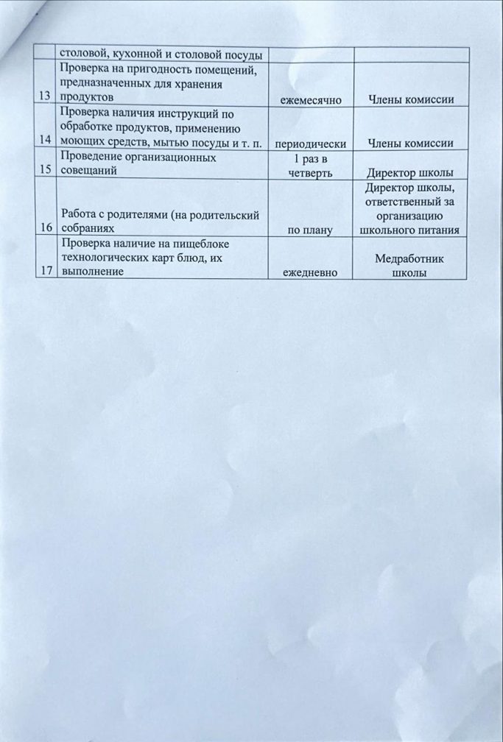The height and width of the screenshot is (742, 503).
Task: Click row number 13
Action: pyautogui.click(x=49, y=99)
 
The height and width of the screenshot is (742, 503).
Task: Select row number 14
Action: pyautogui.click(x=49, y=141)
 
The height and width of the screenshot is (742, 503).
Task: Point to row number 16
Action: pyautogui.click(x=49, y=228)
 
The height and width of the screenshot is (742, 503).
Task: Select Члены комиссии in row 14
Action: pyautogui.click(x=412, y=143)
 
